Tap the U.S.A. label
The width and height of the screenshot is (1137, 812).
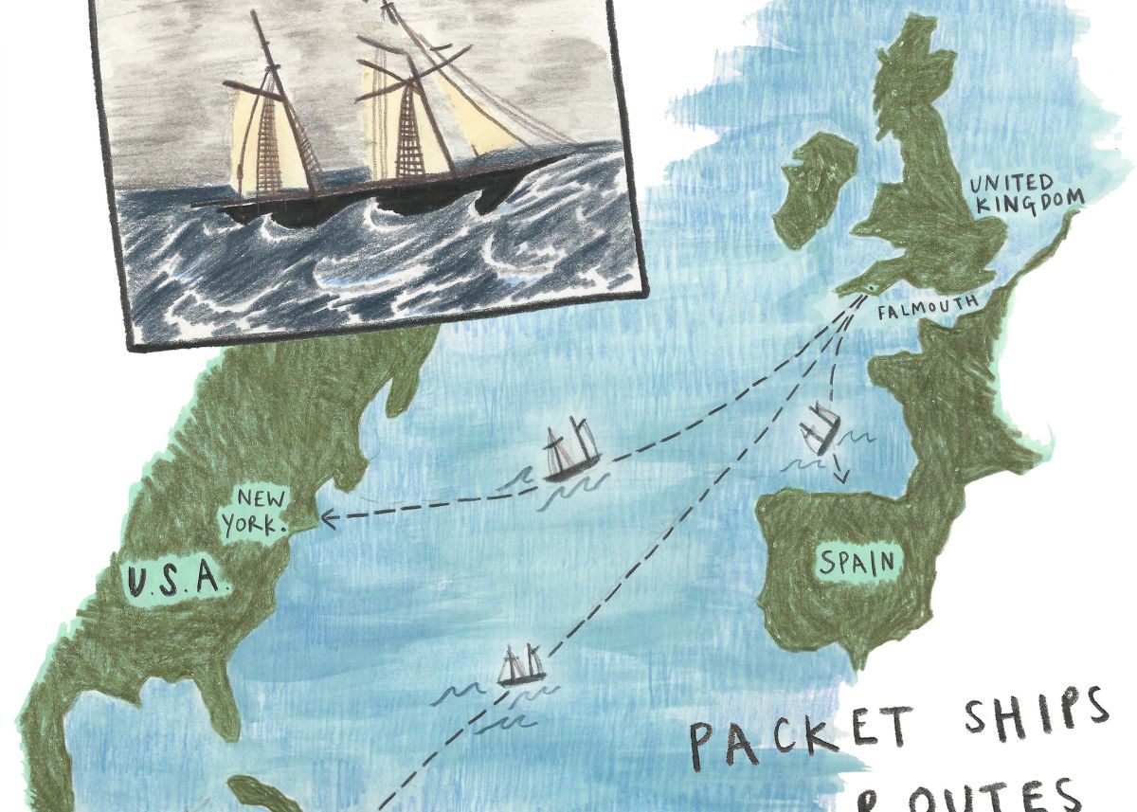(x=177, y=578)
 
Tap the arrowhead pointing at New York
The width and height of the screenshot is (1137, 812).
(x=326, y=517)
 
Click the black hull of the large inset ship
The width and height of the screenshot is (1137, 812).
(x=379, y=201)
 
